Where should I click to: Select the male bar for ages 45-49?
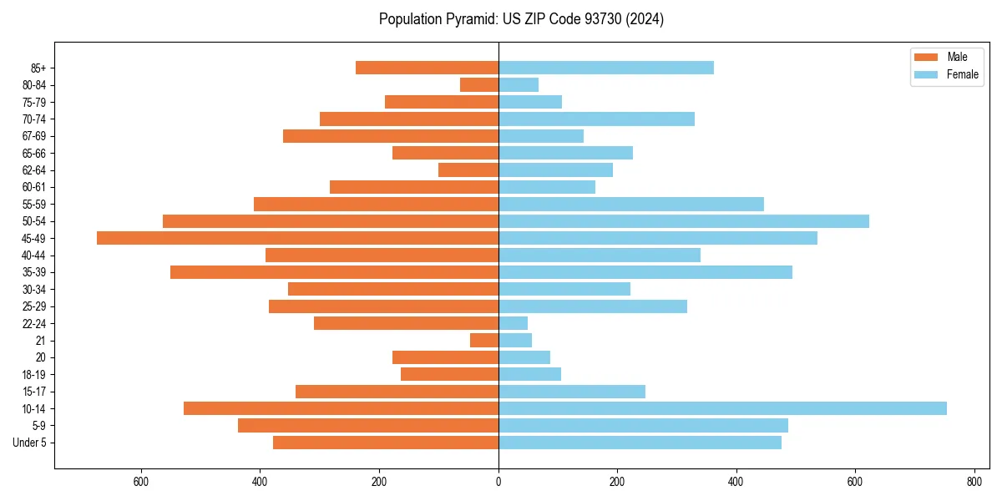tap(297, 238)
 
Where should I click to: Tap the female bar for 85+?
tap(606, 68)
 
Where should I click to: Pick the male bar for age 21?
tap(484, 340)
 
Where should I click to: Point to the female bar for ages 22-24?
tap(513, 323)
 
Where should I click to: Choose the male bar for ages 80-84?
tap(479, 84)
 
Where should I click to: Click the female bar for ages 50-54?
tap(684, 221)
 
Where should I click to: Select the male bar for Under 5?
tap(386, 443)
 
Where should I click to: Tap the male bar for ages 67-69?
tap(391, 136)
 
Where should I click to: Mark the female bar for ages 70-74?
tap(596, 119)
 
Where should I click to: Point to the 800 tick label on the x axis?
tap(974, 482)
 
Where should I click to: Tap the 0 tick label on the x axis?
tap(498, 482)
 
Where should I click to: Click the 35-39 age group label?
tap(34, 272)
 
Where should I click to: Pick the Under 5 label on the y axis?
tap(30, 443)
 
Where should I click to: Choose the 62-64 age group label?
tap(34, 170)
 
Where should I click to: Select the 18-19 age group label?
tap(34, 374)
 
